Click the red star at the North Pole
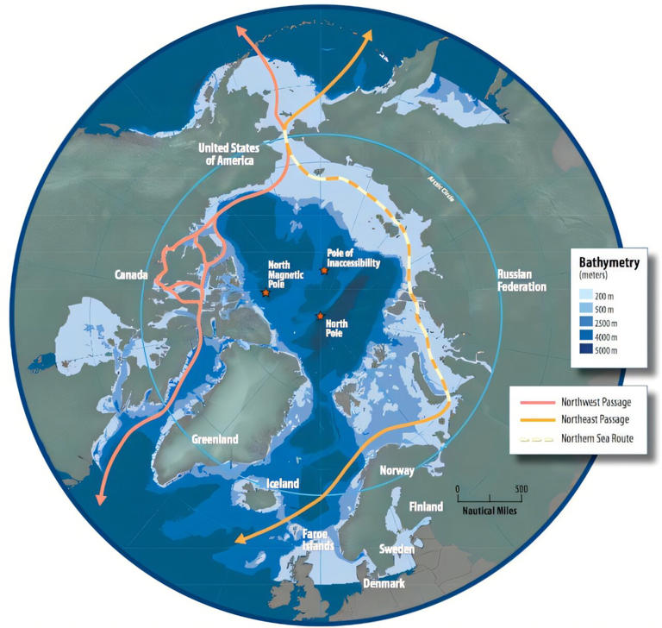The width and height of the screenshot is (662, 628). (x=321, y=316)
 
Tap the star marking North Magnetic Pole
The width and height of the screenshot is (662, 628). (x=265, y=294)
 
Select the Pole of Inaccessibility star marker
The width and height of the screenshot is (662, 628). (x=324, y=271)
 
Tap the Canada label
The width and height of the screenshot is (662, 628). (x=134, y=275)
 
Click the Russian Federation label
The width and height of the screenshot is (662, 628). (x=521, y=280)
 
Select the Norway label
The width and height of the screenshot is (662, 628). (x=397, y=471)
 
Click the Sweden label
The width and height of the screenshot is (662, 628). (x=399, y=549)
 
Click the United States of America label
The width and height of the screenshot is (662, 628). (x=228, y=154)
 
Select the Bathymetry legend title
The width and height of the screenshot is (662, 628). (x=609, y=263)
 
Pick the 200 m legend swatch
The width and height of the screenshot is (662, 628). (x=587, y=297)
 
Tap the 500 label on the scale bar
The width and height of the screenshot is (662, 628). (x=521, y=488)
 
